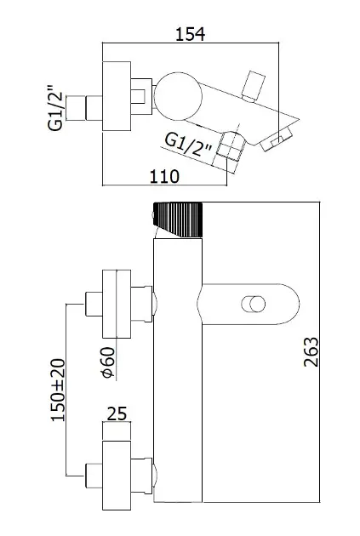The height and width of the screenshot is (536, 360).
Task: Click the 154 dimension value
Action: point(190,34)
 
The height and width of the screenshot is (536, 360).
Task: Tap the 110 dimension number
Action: point(164,176)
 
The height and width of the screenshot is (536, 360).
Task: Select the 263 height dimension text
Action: point(311,352)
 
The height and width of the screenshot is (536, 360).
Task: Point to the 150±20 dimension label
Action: point(58,390)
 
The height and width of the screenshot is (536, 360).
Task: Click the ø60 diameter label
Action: point(108,362)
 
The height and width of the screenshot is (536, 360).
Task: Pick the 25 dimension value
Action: point(117,413)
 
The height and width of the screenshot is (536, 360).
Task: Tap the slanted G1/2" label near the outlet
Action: point(189,145)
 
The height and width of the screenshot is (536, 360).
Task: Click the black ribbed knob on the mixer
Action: point(178,220)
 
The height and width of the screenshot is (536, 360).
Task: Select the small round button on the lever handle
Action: point(254,305)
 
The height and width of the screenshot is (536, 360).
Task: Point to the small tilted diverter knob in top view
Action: point(253,87)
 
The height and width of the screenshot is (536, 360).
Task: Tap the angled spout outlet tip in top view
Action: point(277,139)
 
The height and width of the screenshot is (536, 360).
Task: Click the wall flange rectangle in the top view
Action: point(117,96)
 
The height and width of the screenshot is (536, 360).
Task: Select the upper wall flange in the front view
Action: point(117,304)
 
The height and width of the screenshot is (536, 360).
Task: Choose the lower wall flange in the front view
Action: point(117,475)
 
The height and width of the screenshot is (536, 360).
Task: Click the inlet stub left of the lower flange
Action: point(94,475)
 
